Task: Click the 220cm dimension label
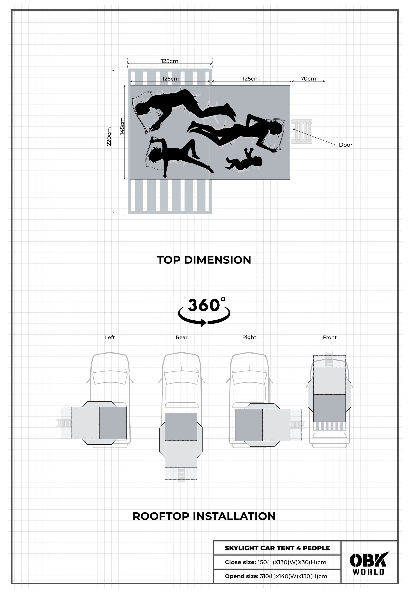(109, 137)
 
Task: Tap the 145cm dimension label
(122, 126)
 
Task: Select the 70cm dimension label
(308, 79)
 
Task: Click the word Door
(345, 145)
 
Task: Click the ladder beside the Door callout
(302, 132)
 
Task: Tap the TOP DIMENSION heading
(204, 260)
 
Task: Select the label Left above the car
(110, 337)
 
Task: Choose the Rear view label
(181, 337)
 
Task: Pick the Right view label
(249, 337)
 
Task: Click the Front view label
(330, 337)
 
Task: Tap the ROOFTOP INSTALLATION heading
(204, 516)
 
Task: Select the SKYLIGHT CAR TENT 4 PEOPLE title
(277, 548)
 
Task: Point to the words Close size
(240, 562)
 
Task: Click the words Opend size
(241, 576)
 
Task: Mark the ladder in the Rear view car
(181, 475)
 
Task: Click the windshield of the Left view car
(110, 377)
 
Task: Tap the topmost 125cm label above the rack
(170, 61)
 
